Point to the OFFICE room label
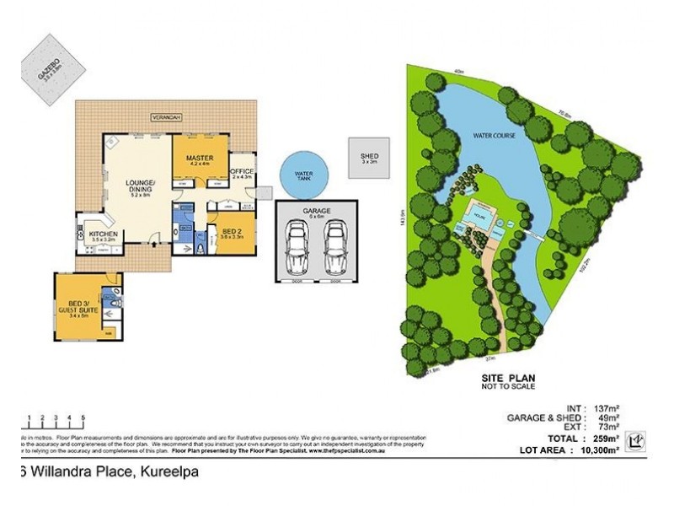click(242, 173)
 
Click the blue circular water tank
click(303, 175)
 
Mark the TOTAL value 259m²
click(608, 439)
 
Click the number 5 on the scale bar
click(83, 417)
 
